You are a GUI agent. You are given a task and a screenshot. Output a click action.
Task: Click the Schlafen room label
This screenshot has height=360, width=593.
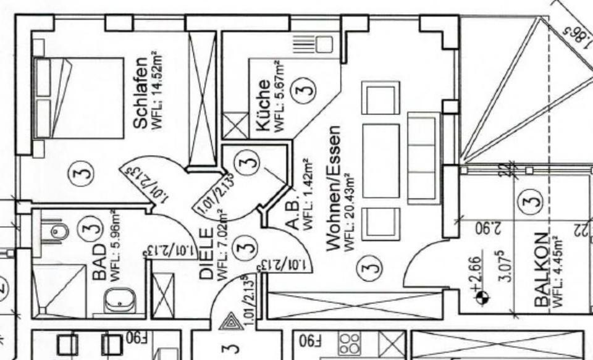point(141,93)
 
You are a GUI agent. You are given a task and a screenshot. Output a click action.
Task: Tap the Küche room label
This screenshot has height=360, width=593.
point(262,106)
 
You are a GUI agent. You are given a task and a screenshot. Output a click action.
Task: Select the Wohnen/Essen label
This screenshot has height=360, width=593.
point(333,188)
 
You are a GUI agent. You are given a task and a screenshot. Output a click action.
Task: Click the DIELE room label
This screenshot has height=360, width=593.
point(208,254)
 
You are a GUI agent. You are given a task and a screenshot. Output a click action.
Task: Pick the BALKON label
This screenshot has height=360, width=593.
point(542,270)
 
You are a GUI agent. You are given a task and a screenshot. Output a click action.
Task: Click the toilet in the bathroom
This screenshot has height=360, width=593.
point(60,232)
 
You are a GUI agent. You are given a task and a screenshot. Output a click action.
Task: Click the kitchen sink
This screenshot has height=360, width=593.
point(324,44)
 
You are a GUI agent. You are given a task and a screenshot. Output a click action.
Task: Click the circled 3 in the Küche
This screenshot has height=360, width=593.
point(305,88)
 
